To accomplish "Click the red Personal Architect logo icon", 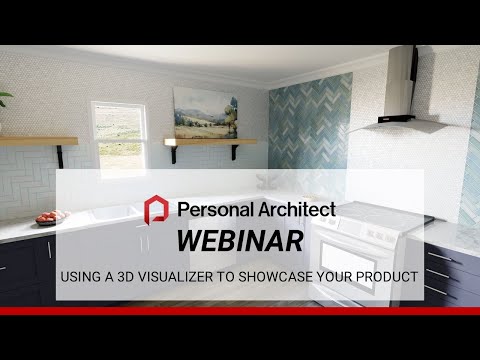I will tap(157, 210).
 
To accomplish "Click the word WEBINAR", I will tap(239, 241).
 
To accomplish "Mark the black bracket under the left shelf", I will tap(61, 155).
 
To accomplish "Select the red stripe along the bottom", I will tap(240, 310).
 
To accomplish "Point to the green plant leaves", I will tap(5, 100).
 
